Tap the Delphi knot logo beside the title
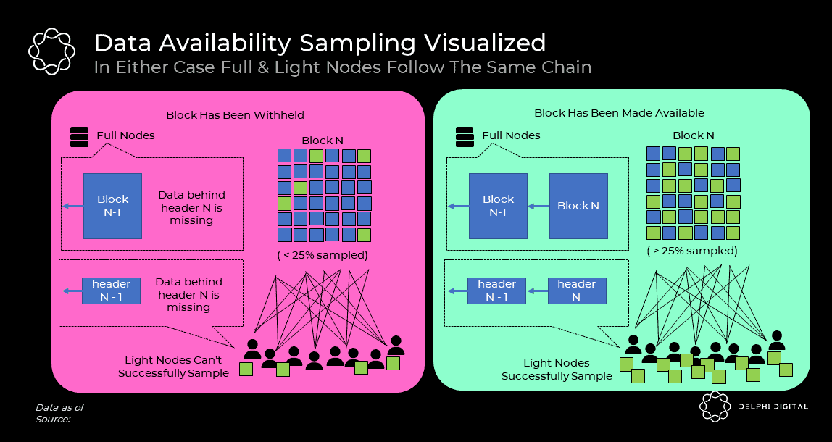pyautogui.click(x=51, y=51)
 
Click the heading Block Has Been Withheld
pyautogui.click(x=235, y=115)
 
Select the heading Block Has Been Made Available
pyautogui.click(x=619, y=113)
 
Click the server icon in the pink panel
pyautogui.click(x=79, y=136)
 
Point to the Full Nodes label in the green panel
pyautogui.click(x=511, y=135)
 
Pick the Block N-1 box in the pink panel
pyautogui.click(x=112, y=206)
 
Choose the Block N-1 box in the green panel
pyautogui.click(x=498, y=206)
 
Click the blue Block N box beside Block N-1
pyautogui.click(x=578, y=206)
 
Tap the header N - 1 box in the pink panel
pyautogui.click(x=111, y=291)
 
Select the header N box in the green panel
pyautogui.click(x=576, y=291)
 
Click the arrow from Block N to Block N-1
pyautogui.click(x=538, y=207)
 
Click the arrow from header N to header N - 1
pyautogui.click(x=536, y=291)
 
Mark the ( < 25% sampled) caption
pyautogui.click(x=323, y=255)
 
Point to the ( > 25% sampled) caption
pyautogui.click(x=692, y=251)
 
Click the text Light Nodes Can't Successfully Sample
pyautogui.click(x=173, y=367)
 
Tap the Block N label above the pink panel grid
pyautogui.click(x=323, y=141)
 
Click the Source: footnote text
pyautogui.click(x=52, y=419)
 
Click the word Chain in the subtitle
pyautogui.click(x=567, y=67)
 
